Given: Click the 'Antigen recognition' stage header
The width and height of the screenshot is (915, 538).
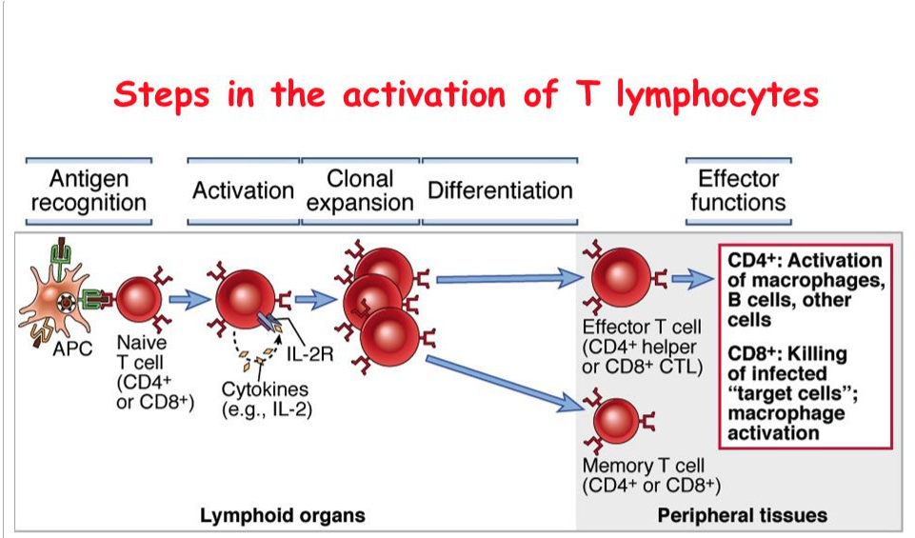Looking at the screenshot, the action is tap(89, 190).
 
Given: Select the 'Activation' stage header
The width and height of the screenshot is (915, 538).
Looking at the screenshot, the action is tap(244, 190).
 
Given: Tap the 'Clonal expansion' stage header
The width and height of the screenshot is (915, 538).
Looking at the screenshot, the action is tap(360, 190).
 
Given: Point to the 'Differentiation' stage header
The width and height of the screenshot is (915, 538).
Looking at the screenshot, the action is tap(500, 190).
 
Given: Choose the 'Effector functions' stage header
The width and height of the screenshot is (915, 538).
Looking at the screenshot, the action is tap(738, 190).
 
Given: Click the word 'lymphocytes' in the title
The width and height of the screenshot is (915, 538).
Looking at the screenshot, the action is tap(718, 95).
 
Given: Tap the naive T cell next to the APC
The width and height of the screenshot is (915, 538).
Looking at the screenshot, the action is tap(138, 300).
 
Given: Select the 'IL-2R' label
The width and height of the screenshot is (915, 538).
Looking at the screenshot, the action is tap(309, 353).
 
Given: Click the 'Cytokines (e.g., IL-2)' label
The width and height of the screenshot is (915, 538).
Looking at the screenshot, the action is tap(267, 399).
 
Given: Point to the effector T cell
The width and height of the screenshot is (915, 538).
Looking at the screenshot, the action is tap(620, 278).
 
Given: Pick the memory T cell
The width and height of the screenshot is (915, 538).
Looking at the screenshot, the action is tap(616, 421).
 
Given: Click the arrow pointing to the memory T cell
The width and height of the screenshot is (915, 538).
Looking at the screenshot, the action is tap(505, 384).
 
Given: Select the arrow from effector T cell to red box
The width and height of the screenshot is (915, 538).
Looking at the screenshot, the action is tap(692, 279).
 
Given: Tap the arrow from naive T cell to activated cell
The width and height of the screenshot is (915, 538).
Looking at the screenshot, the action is tap(189, 300).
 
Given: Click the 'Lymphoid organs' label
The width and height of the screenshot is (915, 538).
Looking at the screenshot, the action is tap(283, 516).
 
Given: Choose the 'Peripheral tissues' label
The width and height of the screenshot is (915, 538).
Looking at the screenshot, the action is tap(743, 516).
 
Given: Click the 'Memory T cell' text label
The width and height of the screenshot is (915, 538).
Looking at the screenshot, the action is tap(644, 466).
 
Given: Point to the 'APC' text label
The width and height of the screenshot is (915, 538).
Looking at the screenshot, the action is tap(72, 349).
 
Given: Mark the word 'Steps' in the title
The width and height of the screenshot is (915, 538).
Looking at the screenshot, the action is tap(162, 95).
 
